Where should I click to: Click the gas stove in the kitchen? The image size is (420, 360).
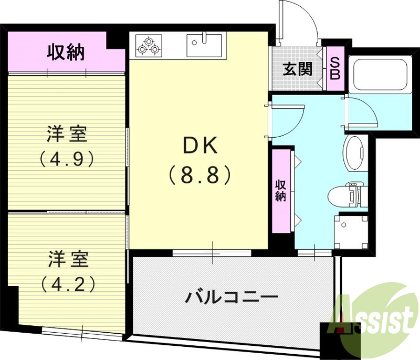149,45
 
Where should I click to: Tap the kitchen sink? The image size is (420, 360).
205,45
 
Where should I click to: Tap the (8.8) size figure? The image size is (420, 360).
199,174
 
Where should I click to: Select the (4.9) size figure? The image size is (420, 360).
67,158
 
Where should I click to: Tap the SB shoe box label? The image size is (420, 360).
334,68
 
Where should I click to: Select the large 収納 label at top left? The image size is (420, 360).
66,53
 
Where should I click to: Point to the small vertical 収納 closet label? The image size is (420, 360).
281,190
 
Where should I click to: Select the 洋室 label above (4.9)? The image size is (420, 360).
67,135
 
